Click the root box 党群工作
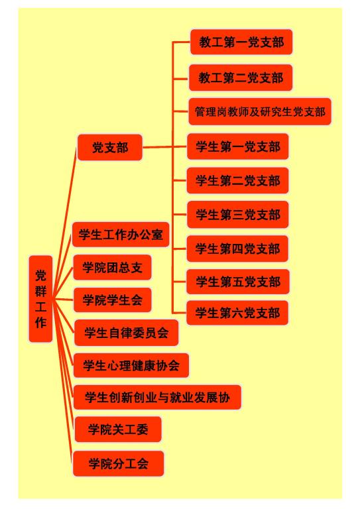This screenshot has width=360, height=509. coord(40,299)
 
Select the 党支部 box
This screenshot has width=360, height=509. coord(110,147)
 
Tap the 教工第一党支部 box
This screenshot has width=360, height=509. coord(241,42)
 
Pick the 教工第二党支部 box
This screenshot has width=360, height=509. coord(241,78)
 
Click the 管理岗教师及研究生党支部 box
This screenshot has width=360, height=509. coord(260,111)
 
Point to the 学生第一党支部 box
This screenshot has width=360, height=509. coord(237,146)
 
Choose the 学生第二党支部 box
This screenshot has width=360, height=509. coord(237,180)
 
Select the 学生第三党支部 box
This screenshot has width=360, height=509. coord(237,215)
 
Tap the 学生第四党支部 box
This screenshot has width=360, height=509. coord(237,249)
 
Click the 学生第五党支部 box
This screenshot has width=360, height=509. coord(237,282)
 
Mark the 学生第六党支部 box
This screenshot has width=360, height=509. coord(237,313)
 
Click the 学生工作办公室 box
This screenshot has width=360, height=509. coord(121,235)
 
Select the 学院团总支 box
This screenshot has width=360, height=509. coord(112,267)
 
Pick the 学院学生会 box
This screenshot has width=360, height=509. coord(112,300)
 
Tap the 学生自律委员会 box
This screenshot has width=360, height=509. coord(126,333)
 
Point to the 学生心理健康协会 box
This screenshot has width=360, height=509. coord(131,366)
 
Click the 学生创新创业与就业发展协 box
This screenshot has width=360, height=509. coord(157,397)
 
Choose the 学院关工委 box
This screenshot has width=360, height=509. coord(118,429)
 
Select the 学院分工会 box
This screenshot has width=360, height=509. coord(118,463)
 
